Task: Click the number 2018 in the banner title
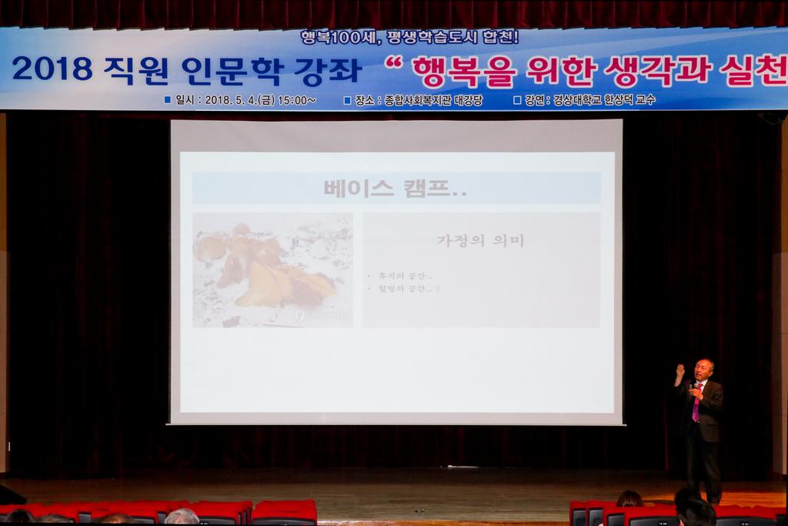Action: point(52,70)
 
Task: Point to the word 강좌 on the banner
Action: point(327,70)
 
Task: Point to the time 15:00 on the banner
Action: point(295,100)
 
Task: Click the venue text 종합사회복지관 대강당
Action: point(433,100)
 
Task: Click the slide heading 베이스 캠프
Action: point(396,189)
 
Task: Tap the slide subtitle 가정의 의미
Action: point(480,241)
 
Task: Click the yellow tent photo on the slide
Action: point(272,270)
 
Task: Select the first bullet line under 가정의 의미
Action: point(401,276)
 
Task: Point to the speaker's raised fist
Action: point(679,370)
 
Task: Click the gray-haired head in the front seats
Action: point(182,517)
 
